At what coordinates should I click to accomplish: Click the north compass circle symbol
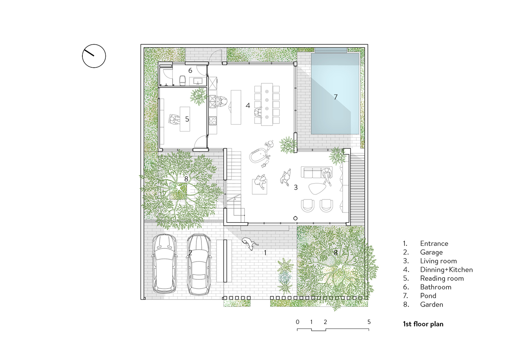click(94, 45)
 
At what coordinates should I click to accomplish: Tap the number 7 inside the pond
click(336, 97)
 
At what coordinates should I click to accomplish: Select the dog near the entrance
click(250, 244)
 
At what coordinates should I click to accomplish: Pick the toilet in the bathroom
click(182, 81)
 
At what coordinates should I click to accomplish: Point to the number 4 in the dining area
click(248, 105)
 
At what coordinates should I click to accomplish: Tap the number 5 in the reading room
click(187, 119)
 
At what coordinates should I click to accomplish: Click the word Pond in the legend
click(428, 296)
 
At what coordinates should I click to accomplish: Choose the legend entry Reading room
click(442, 278)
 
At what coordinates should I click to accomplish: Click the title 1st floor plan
click(423, 324)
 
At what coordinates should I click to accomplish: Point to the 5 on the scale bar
click(369, 322)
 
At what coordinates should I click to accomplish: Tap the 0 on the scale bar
click(297, 322)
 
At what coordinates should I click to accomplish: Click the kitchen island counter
click(236, 107)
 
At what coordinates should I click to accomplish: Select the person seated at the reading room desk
click(173, 119)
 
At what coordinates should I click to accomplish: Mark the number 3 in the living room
click(296, 187)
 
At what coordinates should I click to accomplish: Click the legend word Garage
click(431, 252)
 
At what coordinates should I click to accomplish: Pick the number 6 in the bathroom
click(190, 71)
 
